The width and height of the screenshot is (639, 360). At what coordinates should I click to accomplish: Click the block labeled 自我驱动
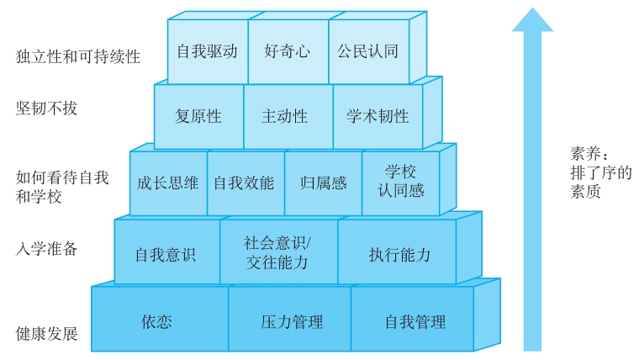207,51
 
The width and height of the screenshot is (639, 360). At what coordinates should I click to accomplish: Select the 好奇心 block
288,51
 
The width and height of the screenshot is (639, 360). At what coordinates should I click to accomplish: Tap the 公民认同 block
367,51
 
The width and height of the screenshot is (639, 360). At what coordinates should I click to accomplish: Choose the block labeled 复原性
198,117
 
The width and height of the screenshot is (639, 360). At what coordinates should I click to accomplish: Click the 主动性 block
285,117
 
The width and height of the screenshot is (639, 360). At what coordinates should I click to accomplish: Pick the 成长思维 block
168,183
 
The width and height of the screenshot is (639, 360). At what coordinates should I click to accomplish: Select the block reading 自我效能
245,183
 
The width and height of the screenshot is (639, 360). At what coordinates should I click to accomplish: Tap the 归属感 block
323,183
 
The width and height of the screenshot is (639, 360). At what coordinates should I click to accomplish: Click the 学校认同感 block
400,182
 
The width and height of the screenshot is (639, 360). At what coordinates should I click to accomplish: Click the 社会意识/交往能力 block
277,252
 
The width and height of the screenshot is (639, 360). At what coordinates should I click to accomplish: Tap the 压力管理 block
291,321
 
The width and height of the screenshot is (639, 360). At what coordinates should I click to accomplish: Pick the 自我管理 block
415,321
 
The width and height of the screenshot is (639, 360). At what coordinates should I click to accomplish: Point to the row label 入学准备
47,248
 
